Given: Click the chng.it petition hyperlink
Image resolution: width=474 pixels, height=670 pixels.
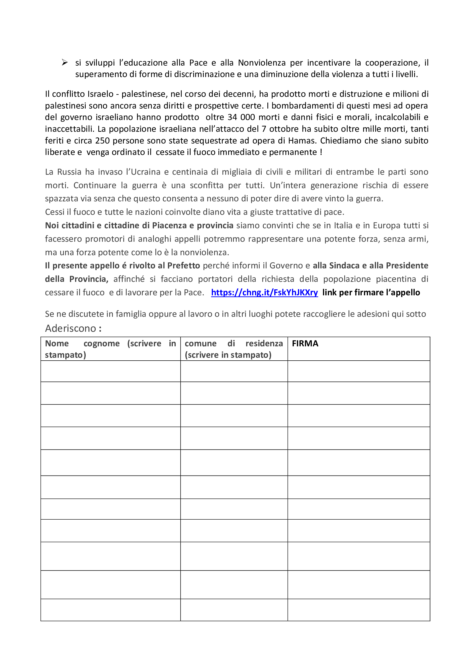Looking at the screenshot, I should tap(264, 292).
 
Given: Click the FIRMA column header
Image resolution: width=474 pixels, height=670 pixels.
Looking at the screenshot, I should tap(305, 343).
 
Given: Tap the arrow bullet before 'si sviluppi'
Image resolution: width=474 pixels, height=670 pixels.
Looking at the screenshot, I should tap(65, 62).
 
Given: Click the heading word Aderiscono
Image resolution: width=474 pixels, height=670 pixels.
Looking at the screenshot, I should tap(70, 329).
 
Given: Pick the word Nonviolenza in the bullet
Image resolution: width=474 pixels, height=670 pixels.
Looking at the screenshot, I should tap(262, 63).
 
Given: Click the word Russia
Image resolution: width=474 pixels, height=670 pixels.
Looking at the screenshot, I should tap(69, 172).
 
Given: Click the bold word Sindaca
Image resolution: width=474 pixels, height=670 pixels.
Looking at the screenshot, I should tap(344, 266).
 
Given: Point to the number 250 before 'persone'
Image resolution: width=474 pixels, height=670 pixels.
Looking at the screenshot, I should tap(102, 141).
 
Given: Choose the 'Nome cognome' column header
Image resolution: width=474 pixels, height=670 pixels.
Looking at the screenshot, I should tap(110, 349).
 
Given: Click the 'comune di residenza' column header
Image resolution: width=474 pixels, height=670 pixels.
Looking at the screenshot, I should tap(234, 349).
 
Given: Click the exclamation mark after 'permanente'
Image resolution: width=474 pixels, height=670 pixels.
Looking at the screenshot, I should tap(321, 152).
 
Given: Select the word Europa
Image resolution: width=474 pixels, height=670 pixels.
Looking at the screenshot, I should tap(385, 225).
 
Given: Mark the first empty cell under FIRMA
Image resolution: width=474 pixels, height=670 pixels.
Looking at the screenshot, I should tap(359, 371).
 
